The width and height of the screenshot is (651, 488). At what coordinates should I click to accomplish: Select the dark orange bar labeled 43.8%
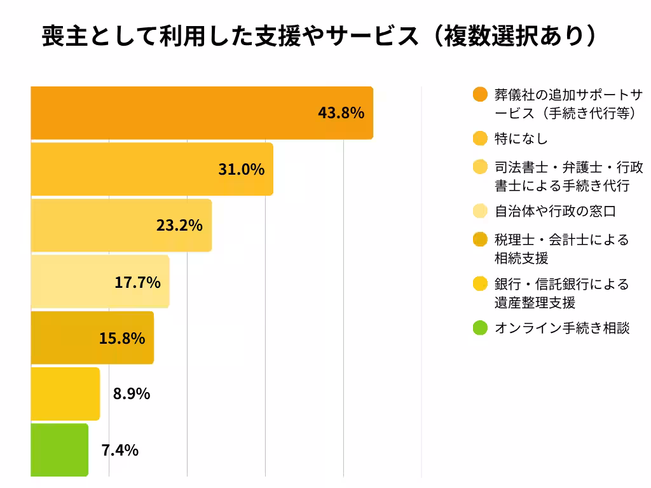click(191, 113)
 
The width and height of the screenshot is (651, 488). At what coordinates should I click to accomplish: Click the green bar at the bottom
click(59, 450)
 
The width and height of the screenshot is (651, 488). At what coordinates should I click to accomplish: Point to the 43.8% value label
click(341, 113)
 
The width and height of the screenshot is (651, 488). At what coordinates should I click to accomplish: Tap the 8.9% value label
click(132, 394)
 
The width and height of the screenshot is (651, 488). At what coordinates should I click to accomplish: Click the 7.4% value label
click(120, 451)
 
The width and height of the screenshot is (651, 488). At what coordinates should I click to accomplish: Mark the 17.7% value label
click(137, 282)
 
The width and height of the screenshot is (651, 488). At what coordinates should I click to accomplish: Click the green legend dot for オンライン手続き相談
click(481, 329)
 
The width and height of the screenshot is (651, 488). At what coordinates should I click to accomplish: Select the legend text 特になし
click(521, 139)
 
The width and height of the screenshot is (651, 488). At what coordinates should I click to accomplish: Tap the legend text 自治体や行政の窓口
click(555, 211)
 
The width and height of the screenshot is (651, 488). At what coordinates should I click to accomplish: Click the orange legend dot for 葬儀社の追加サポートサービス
click(481, 95)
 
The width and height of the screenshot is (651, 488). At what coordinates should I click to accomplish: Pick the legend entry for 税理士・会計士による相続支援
click(561, 248)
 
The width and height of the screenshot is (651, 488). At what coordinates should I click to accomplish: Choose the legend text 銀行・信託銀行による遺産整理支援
click(561, 293)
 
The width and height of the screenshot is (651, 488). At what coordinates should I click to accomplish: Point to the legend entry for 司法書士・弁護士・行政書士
click(568, 176)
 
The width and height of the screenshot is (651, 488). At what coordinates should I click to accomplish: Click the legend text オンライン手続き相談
click(562, 329)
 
